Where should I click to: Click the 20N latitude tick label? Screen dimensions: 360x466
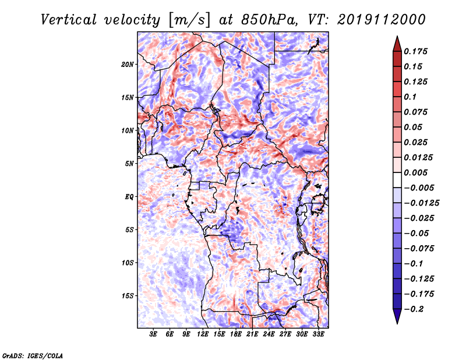pyautogui.click(x=128, y=64)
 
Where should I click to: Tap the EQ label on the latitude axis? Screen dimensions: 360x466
pyautogui.click(x=129, y=197)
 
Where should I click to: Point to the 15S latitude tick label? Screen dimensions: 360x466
pyautogui.click(x=128, y=296)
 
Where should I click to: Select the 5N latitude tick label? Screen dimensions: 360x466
pyautogui.click(x=129, y=164)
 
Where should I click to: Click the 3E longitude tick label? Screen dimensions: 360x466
pyautogui.click(x=154, y=334)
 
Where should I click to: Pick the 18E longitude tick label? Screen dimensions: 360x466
pyautogui.click(x=236, y=334)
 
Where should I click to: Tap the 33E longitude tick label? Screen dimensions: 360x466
pyautogui.click(x=318, y=334)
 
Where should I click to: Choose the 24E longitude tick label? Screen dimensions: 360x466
pyautogui.click(x=269, y=334)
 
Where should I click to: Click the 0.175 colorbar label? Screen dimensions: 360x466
pyautogui.click(x=417, y=51)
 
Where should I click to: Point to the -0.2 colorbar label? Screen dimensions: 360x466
pyautogui.click(x=416, y=309)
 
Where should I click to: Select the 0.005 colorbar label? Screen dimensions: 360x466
pyautogui.click(x=417, y=172)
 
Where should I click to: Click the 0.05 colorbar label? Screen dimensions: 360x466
pyautogui.click(x=414, y=127)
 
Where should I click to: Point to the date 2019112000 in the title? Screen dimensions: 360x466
pyautogui.click(x=380, y=20)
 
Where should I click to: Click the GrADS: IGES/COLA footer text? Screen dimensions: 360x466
pyautogui.click(x=33, y=355)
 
